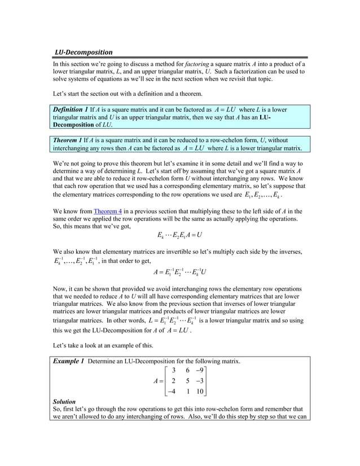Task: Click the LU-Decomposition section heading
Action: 83,52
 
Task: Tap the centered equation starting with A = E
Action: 179,274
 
